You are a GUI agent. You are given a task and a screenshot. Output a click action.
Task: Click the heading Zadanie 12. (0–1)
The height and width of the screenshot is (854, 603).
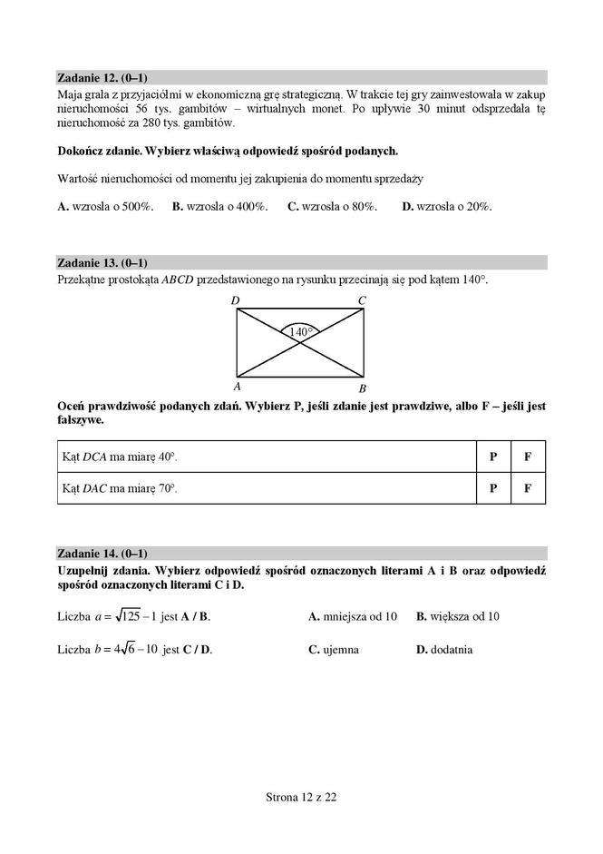102,77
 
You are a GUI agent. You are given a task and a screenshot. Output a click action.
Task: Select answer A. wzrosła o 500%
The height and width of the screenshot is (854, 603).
105,207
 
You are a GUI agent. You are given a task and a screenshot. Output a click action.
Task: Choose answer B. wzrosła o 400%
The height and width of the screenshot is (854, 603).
219,207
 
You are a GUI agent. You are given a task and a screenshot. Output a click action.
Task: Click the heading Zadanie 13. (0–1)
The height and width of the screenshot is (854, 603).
102,263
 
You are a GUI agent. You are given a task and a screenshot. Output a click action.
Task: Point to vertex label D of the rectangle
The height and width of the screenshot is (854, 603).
235,300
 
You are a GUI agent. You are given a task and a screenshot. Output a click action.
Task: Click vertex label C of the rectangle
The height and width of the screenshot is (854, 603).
362,300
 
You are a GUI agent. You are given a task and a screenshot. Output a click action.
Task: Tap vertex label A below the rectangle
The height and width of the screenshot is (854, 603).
236,385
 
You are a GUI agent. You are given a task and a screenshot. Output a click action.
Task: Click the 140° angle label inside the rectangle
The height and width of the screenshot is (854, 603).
300,332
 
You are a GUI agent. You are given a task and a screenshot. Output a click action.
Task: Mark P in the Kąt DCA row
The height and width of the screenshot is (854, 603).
493,457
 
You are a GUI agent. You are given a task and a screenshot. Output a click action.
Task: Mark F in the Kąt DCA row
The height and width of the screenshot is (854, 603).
528,457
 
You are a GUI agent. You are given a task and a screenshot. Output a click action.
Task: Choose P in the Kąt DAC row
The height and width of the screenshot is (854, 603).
493,488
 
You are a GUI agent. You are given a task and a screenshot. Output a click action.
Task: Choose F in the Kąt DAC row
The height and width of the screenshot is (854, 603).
528,488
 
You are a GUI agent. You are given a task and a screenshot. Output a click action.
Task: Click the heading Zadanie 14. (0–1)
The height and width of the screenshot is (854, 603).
102,553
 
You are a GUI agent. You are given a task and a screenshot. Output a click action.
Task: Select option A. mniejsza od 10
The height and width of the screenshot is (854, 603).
353,616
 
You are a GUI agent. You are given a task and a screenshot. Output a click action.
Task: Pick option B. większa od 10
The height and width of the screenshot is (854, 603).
458,616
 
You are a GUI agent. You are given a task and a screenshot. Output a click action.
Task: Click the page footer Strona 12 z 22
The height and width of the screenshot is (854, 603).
301,798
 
